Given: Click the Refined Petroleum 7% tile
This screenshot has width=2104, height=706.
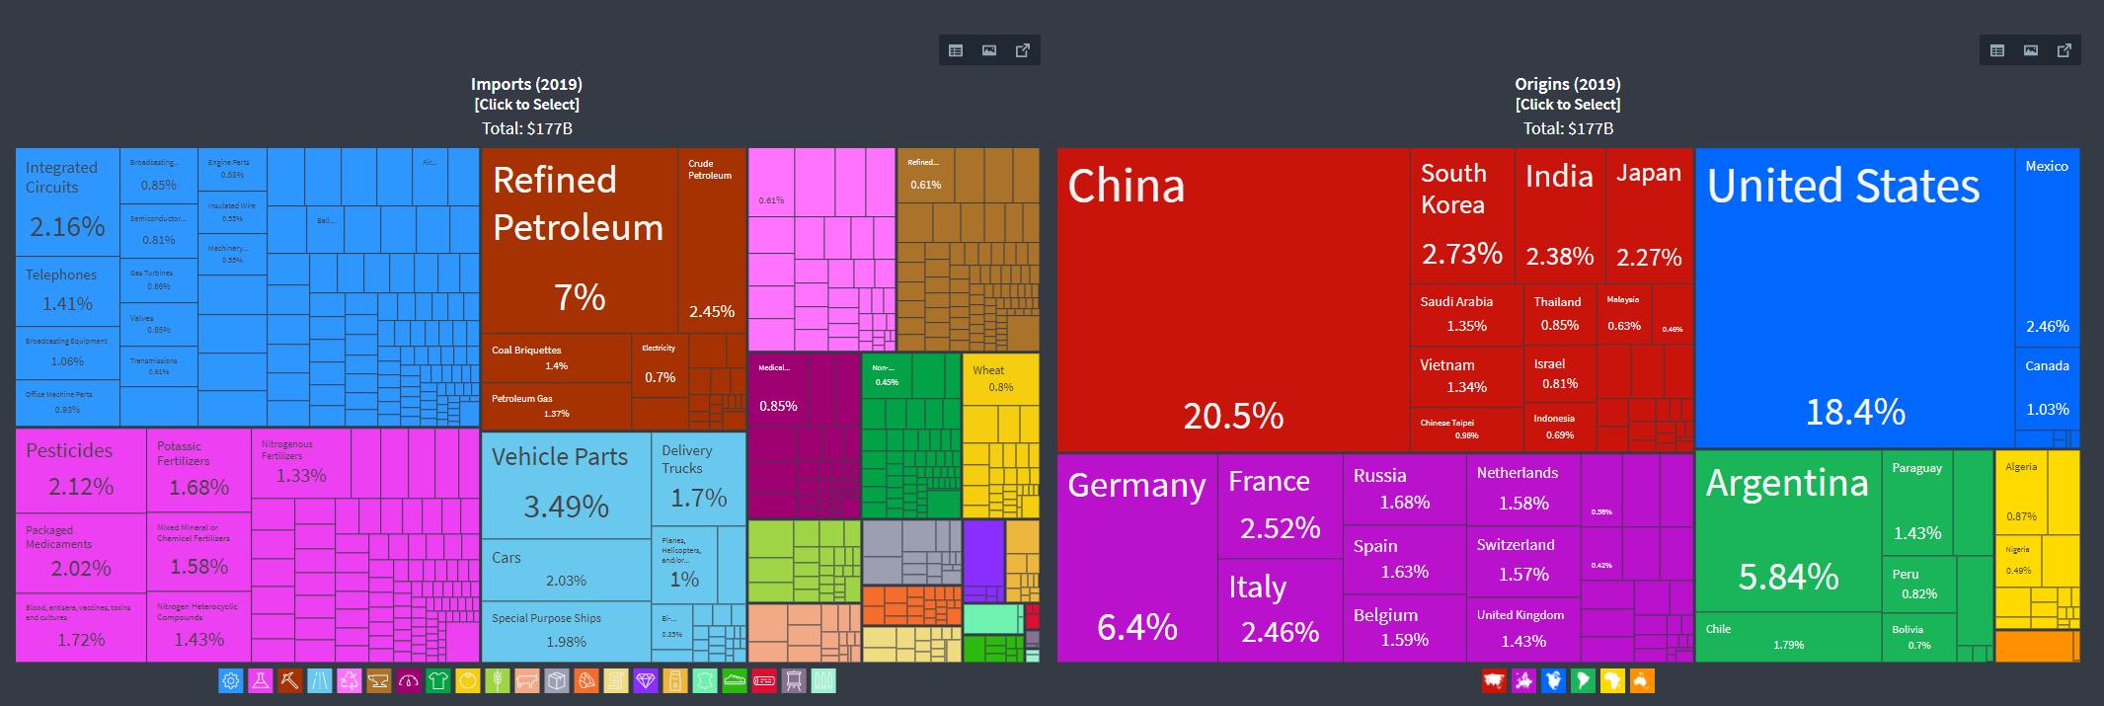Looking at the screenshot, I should click(x=579, y=241).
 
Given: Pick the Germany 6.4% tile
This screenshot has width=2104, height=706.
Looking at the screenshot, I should click(x=1136, y=558).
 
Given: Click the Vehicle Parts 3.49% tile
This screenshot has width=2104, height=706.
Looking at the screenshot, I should click(x=566, y=485).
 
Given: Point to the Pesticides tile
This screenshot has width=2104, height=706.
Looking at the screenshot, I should click(x=80, y=470).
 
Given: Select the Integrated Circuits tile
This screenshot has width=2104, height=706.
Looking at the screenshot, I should click(x=67, y=203).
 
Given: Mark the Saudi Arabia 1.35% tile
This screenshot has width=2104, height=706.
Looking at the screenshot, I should click(x=1465, y=314).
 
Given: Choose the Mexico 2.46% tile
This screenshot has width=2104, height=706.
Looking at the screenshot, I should click(x=2047, y=247).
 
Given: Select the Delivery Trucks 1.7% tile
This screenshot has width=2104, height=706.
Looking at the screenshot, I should click(x=698, y=479).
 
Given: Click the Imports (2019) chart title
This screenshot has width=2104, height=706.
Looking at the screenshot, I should click(x=526, y=84).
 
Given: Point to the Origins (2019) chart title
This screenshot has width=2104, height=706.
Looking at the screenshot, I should click(x=1568, y=84).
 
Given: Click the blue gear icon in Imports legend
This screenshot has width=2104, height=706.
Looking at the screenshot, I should click(x=230, y=680).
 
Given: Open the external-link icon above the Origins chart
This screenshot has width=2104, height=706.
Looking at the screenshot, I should click(x=2065, y=50).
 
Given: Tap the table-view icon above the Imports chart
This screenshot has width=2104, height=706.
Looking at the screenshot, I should click(x=956, y=50).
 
